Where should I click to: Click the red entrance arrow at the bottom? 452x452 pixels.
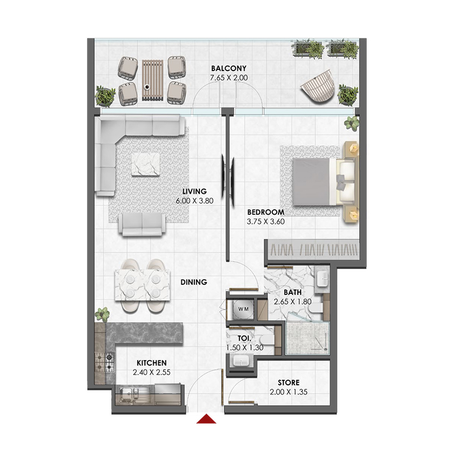tap(208, 419)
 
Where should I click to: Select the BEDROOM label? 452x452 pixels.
tap(266, 212)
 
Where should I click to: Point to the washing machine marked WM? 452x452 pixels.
tap(243, 309)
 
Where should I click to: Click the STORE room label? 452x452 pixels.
tap(289, 383)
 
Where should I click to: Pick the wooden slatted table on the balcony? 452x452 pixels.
tap(151, 80)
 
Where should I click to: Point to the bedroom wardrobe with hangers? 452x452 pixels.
tap(312, 249)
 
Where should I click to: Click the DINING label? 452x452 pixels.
tap(193, 281)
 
